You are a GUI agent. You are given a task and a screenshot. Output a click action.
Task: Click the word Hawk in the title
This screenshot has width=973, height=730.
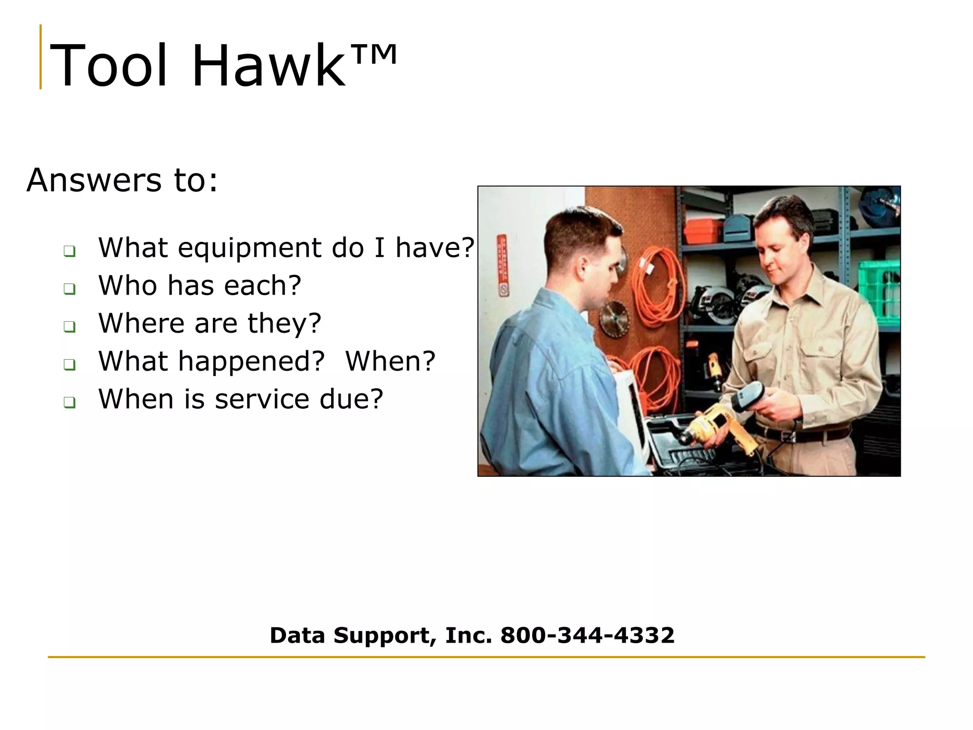[x=268, y=66]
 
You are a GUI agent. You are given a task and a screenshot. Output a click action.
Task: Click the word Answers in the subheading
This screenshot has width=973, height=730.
[x=94, y=181]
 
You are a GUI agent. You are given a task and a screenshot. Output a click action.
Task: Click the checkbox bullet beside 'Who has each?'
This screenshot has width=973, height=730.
[x=69, y=288]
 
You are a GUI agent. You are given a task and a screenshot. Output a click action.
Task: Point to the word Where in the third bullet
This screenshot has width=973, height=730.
[x=141, y=324]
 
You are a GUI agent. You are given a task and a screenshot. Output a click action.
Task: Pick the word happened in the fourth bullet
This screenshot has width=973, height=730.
[x=251, y=362]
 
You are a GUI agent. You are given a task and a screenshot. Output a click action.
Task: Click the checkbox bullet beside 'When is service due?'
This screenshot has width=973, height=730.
[x=69, y=403]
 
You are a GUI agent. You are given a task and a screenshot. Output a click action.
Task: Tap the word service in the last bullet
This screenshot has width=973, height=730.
[x=262, y=399]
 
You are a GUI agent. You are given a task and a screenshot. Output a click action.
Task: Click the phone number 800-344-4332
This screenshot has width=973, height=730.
[x=587, y=635]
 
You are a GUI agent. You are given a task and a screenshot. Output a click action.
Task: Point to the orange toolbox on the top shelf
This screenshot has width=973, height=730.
[x=703, y=231]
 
